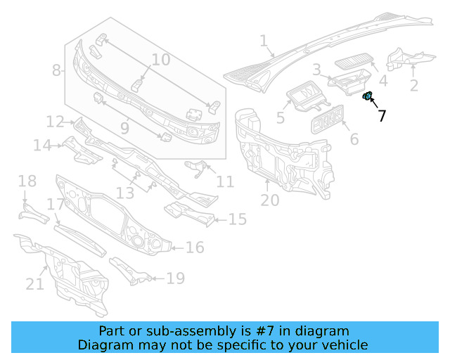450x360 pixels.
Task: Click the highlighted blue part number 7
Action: (366, 96)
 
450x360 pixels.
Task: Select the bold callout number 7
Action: (382, 116)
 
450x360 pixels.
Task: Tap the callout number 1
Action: (264, 41)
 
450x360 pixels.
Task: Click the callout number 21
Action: (34, 284)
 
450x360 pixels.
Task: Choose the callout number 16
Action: (195, 247)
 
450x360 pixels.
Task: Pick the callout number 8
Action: (57, 70)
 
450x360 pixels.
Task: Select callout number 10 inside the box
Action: (160, 60)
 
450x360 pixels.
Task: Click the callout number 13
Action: (124, 193)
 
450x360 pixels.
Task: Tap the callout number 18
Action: (27, 182)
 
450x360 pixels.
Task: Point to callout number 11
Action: (225, 182)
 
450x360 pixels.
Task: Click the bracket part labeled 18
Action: (31, 212)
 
